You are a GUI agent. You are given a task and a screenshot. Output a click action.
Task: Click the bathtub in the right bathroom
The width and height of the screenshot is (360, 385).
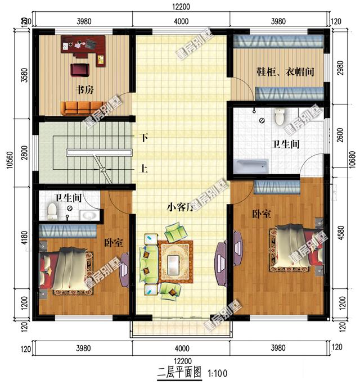tap(251, 167)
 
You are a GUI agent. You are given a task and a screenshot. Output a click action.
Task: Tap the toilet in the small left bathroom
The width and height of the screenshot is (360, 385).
tap(52, 211)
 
